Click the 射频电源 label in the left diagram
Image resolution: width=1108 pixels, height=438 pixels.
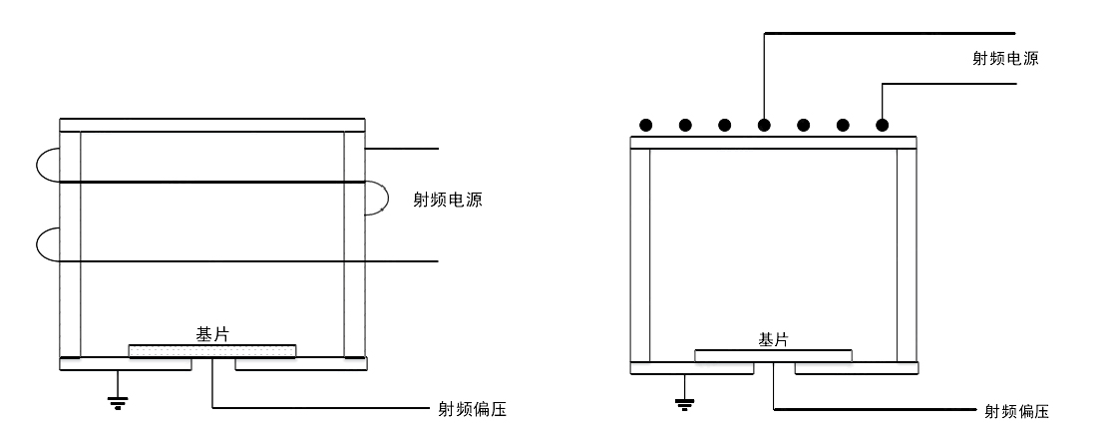click(x=448, y=200)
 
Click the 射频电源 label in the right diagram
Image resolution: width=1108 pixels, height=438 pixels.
click(x=1005, y=58)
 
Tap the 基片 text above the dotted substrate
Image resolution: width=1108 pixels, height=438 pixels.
click(x=212, y=335)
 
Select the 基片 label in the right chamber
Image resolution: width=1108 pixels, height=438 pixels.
click(x=773, y=340)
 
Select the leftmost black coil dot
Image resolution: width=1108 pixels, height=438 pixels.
click(x=646, y=126)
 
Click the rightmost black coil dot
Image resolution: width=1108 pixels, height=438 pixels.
click(x=882, y=126)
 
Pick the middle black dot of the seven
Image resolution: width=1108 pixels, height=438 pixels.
click(x=764, y=126)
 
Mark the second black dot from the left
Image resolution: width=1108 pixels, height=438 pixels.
click(x=685, y=126)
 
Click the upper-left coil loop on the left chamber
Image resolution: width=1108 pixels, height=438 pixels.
click(x=46, y=166)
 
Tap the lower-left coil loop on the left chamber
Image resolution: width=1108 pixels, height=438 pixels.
click(x=46, y=244)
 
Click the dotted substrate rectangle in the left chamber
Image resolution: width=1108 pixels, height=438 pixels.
click(x=212, y=350)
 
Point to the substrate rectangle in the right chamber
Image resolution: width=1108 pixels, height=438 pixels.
click(x=773, y=355)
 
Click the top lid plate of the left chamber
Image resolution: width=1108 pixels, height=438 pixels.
click(x=212, y=125)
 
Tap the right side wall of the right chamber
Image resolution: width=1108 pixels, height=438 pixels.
click(x=905, y=254)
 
